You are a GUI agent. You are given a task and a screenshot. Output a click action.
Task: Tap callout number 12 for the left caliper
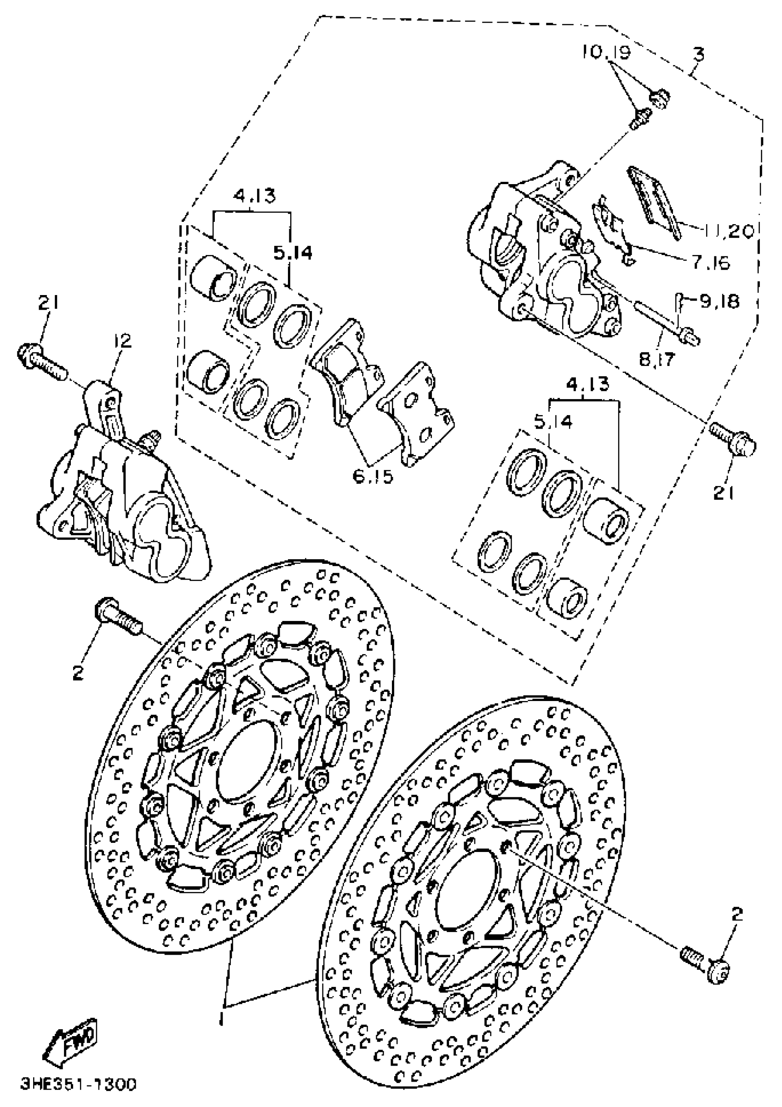(123, 342)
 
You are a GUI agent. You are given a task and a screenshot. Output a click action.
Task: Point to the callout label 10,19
(605, 52)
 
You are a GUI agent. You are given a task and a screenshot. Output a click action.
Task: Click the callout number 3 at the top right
(698, 54)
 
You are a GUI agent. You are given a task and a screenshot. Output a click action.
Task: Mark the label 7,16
(711, 263)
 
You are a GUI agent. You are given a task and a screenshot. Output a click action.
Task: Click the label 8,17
(658, 359)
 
